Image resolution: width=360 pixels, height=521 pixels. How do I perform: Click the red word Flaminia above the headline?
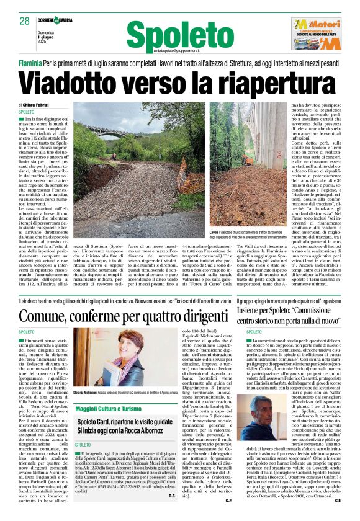30,63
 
